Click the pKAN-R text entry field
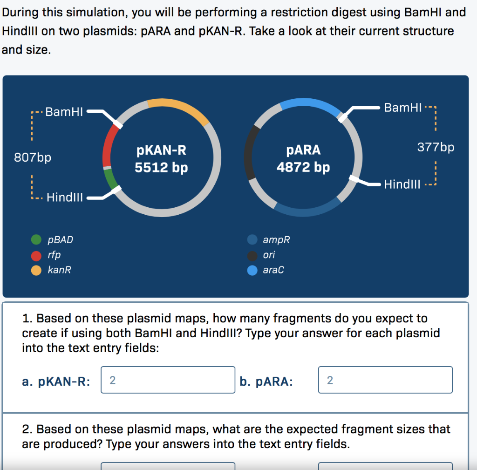click(168, 380)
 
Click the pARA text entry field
click(385, 380)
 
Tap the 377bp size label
click(436, 148)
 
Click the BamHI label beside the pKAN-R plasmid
click(64, 112)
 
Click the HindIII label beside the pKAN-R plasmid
click(65, 198)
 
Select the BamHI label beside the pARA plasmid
click(403, 108)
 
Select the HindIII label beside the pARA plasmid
click(402, 184)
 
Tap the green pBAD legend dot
click(36, 240)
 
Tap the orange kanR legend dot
click(36, 270)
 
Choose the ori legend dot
click(252, 255)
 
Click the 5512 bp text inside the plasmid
click(161, 167)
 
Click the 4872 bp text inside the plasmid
click(303, 167)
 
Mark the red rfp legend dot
click(36, 255)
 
